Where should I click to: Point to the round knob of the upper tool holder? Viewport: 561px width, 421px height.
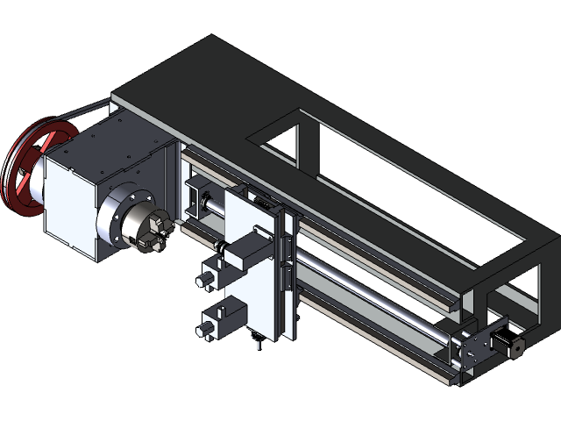click(205, 279)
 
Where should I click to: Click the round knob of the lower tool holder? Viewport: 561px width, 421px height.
click(204, 329)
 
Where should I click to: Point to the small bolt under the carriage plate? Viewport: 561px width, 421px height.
click(258, 345)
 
